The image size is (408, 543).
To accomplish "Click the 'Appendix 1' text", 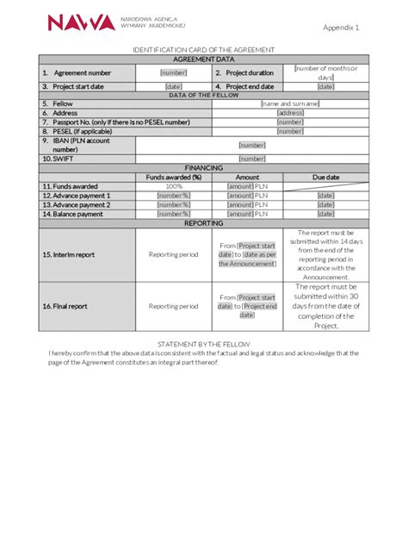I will [341, 28].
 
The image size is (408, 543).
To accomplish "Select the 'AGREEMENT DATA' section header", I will [204, 59].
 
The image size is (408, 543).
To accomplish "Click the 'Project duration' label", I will [249, 73].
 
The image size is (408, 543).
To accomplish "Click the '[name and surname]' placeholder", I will [290, 103].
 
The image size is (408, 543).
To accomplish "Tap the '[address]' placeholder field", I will [290, 113].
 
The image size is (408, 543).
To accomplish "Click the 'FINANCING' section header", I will [204, 168].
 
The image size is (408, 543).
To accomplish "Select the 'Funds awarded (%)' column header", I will [173, 178].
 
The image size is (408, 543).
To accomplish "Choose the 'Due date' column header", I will [326, 178].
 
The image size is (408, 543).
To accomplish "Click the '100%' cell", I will [174, 186].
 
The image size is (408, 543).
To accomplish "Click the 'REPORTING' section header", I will [204, 223].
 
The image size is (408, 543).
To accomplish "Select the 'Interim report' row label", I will [69, 254].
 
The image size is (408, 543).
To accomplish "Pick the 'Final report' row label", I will [65, 306].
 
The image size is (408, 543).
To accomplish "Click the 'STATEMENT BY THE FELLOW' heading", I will [204, 344].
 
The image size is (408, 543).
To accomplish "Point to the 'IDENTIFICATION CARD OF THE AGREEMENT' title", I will [204, 51].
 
